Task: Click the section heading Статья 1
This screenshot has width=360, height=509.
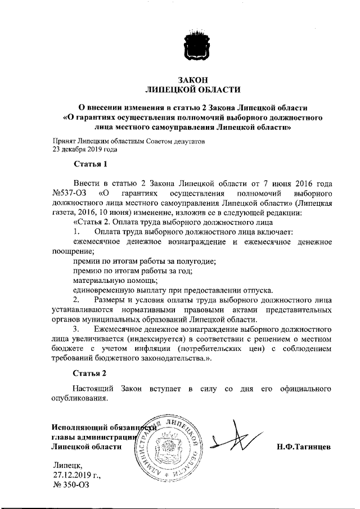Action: [x=90, y=164]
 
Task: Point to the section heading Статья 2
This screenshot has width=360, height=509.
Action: [x=90, y=372]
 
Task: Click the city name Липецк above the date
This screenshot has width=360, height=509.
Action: [x=67, y=465]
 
